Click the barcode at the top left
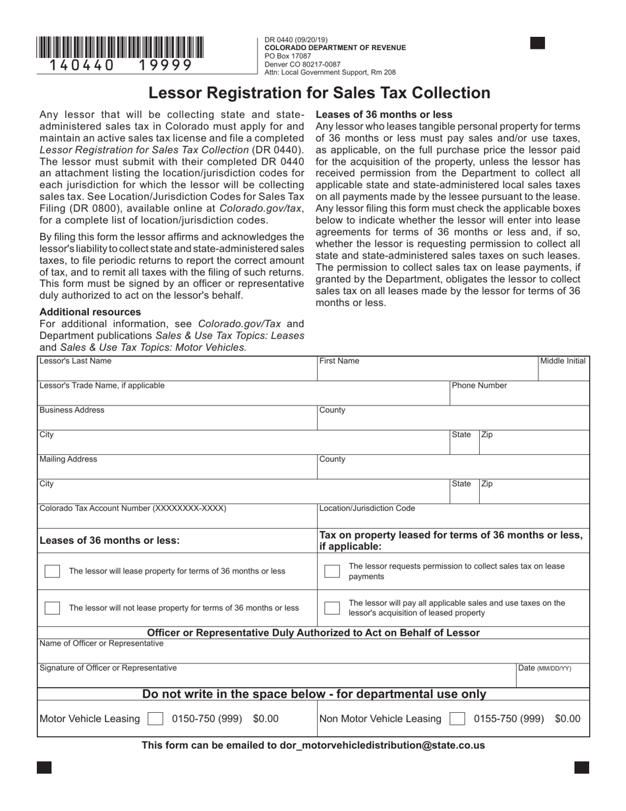click(120, 48)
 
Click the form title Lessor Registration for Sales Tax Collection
click(319, 93)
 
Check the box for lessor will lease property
click(52, 571)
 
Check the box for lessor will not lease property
click(52, 608)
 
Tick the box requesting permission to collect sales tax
click(332, 571)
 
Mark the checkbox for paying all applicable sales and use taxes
click(332, 608)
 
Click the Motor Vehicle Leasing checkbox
click(156, 719)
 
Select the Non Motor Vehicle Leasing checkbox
click(457, 719)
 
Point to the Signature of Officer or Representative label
click(108, 668)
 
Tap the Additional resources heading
click(90, 312)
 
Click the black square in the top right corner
click(538, 44)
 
